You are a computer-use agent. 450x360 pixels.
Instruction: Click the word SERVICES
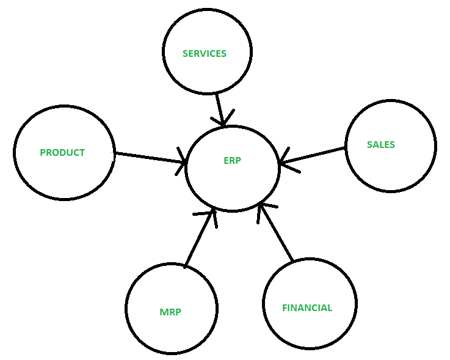coord(205,53)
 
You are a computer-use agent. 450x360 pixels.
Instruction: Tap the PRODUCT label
coord(62,153)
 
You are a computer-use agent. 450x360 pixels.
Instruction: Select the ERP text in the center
coord(232,160)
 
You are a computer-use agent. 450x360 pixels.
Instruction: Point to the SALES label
coord(381,144)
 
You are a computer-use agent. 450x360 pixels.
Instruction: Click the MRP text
coord(170,312)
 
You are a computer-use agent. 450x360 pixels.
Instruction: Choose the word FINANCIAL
coord(307,308)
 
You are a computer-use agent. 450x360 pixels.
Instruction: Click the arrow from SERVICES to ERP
coord(220,110)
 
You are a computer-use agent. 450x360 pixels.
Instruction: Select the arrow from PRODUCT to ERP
coord(151,158)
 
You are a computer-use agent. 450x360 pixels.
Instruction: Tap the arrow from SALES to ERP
coord(312,155)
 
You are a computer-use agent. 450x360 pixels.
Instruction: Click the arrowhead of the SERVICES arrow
coord(223,120)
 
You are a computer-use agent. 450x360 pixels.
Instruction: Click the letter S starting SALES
coord(369,144)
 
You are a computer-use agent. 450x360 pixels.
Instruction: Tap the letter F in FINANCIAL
coord(285,308)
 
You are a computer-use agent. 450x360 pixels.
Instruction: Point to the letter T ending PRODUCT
coord(82,153)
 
